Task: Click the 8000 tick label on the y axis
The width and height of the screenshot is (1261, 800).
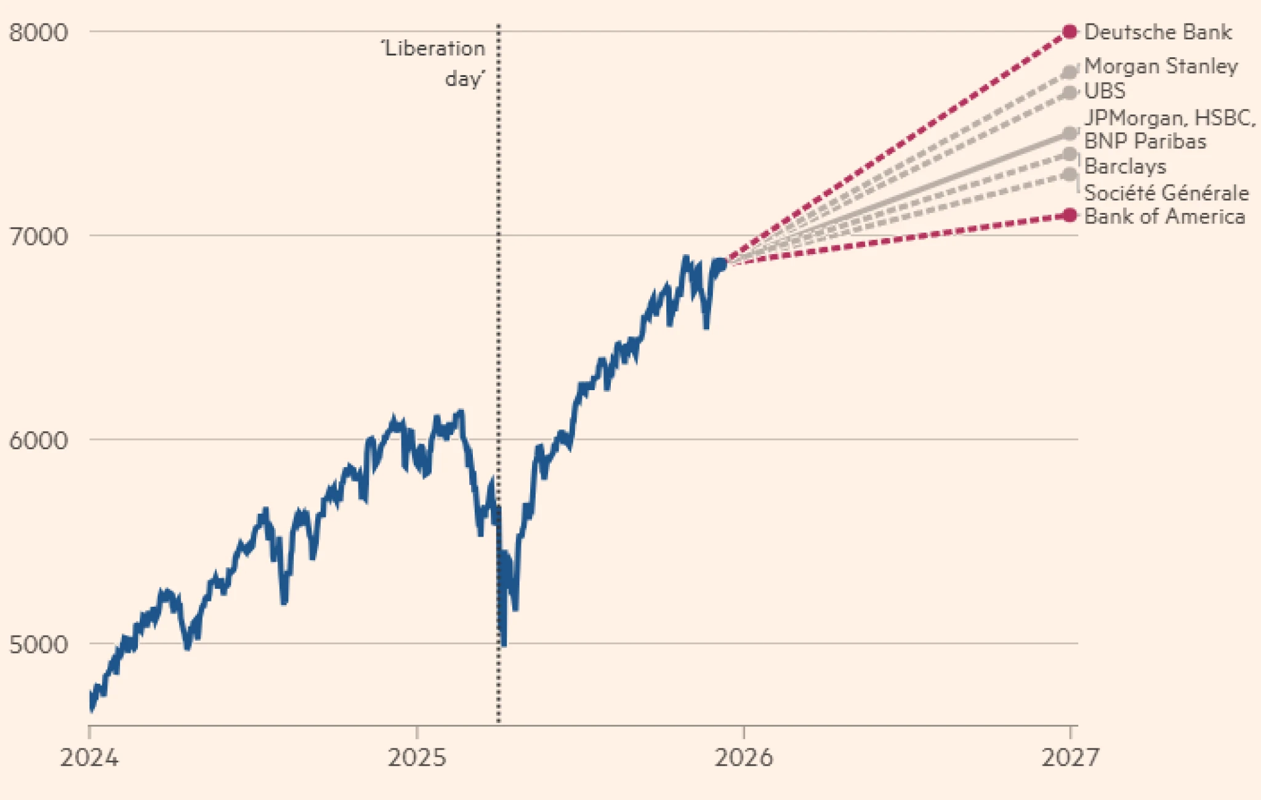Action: coord(38,32)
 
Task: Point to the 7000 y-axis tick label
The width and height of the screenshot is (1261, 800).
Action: coord(38,236)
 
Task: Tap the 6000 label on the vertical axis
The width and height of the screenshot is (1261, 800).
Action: coord(38,441)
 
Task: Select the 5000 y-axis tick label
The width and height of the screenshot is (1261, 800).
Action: coord(38,644)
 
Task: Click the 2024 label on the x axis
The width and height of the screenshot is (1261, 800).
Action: coord(89,758)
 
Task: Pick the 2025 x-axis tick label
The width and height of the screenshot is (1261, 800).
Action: coord(417,758)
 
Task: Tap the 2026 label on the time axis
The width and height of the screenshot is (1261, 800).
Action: coord(744,758)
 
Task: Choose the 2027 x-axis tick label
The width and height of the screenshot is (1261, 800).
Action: coord(1070,758)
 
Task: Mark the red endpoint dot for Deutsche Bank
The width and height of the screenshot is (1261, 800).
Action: coord(1070,32)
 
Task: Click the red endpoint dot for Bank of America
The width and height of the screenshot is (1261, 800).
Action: coord(1070,215)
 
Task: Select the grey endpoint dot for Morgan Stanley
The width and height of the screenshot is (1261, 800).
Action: coord(1070,73)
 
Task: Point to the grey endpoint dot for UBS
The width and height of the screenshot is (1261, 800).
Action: coord(1070,93)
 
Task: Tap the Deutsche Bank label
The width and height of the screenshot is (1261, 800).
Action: coord(1158,32)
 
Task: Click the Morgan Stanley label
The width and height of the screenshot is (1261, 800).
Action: coord(1161,66)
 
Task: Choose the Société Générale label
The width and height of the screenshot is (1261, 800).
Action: coord(1166,193)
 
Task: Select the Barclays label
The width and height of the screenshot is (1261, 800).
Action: coord(1125,166)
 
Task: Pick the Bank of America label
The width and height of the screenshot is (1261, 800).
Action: coord(1164,217)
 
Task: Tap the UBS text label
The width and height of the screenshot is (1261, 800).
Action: coord(1105,91)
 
